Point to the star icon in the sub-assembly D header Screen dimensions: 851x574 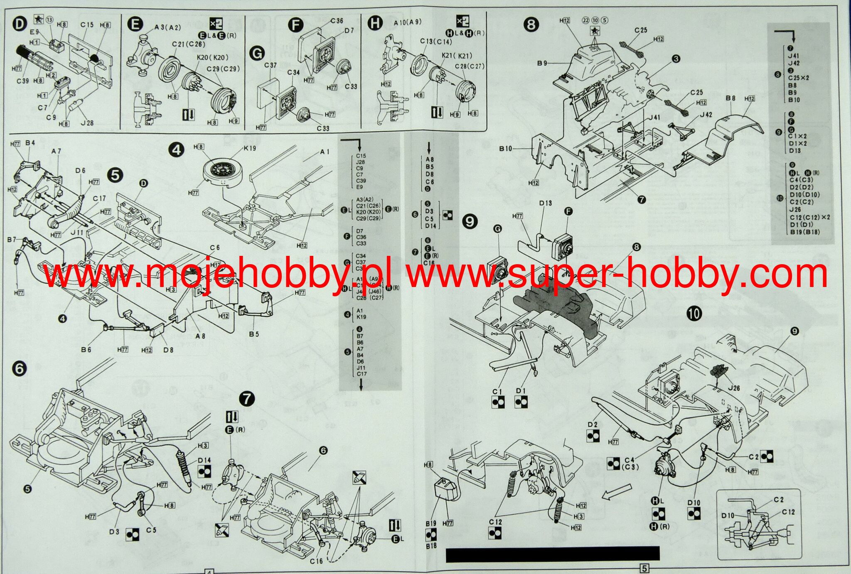tap(38, 19)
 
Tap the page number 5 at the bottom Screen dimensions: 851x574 tap(644, 568)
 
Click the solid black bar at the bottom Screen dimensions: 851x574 tap(553, 554)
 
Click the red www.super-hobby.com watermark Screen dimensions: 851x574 tap(617, 274)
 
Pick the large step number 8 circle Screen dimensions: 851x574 tap(531, 25)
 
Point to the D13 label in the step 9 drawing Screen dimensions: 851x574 tap(545, 203)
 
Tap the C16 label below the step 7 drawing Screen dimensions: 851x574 tap(316, 561)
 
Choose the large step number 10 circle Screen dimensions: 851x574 tap(694, 314)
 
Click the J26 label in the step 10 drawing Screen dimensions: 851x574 tap(734, 388)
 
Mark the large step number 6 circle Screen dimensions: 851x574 tap(20, 369)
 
